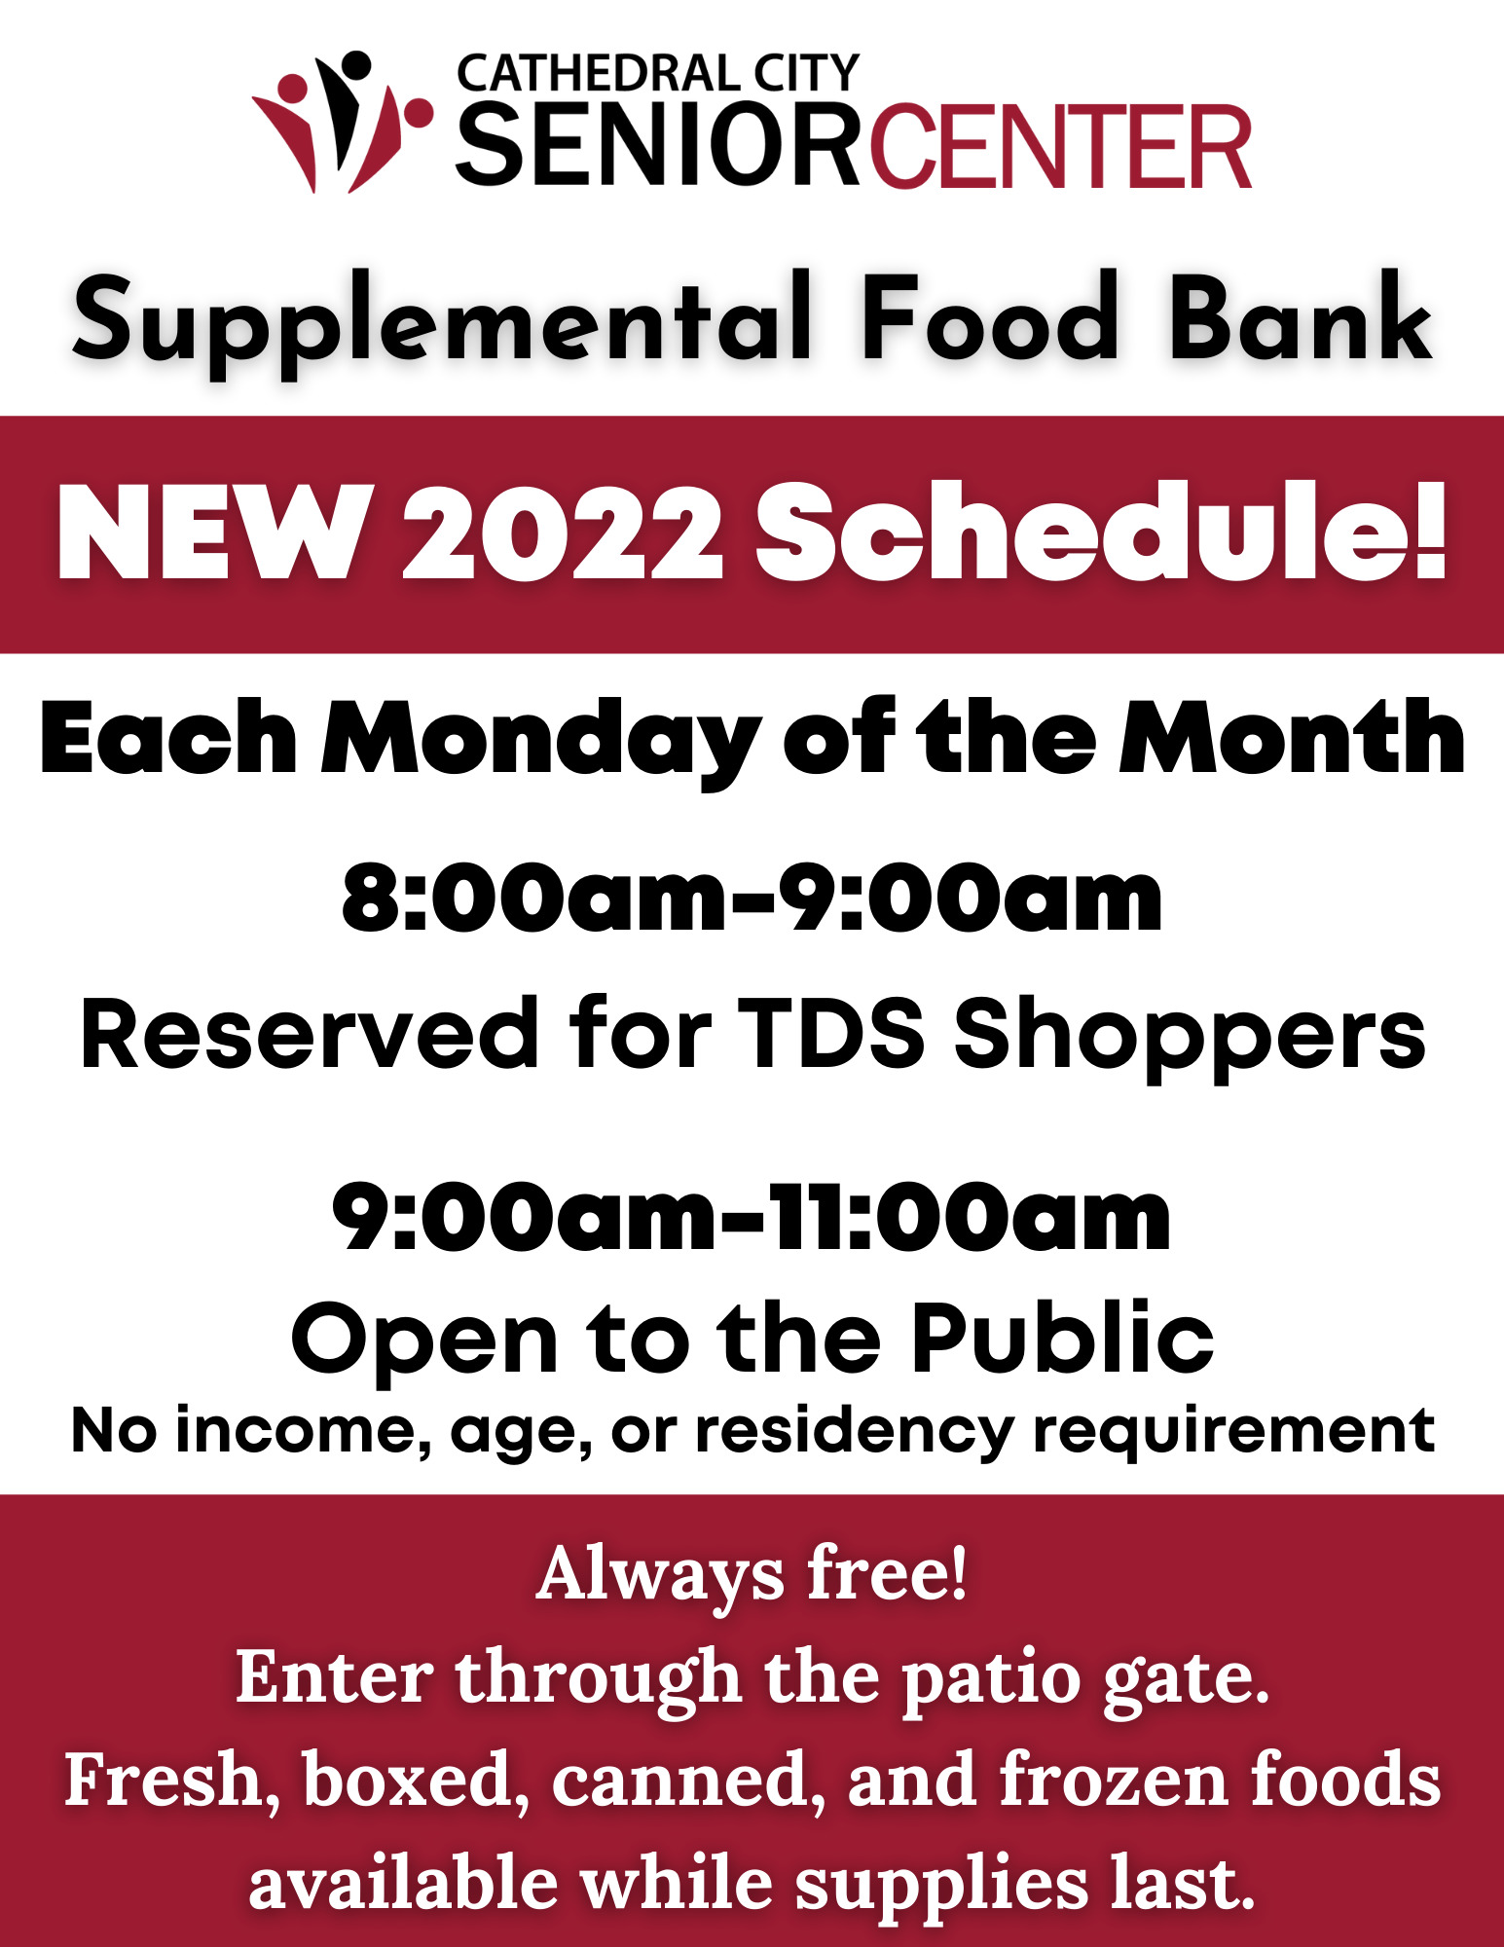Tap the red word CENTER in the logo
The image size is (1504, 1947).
pyautogui.click(x=1060, y=147)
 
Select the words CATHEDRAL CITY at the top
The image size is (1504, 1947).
pyautogui.click(x=658, y=74)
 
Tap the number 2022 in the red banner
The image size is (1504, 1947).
pyautogui.click(x=563, y=533)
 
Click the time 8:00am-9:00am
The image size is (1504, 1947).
pyautogui.click(x=752, y=898)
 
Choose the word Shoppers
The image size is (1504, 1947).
pyautogui.click(x=1190, y=1038)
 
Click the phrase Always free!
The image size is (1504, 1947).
pyautogui.click(x=752, y=1573)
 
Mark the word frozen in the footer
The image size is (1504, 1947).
pyautogui.click(x=1114, y=1780)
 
